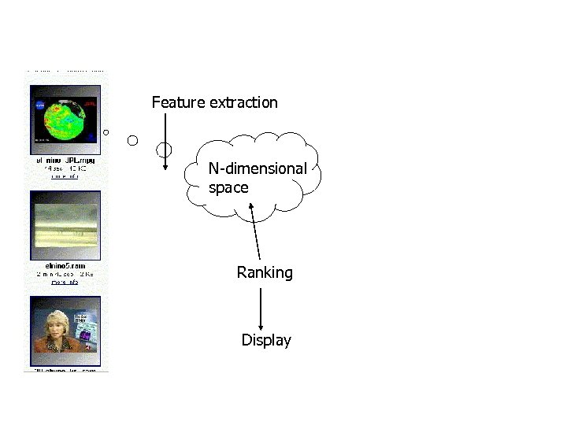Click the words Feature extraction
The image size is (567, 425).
pos(214,102)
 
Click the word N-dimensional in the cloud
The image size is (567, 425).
pos(258,168)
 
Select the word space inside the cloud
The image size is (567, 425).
pos(228,188)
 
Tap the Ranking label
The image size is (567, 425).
pos(265,273)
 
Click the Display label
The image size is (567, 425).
pos(266,341)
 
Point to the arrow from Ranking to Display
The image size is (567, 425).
pos(261,309)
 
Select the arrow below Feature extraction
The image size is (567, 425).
pos(165,142)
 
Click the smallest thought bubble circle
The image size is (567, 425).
pos(106,131)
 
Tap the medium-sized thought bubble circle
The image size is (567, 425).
pos(132,140)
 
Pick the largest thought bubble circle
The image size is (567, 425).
pos(164,149)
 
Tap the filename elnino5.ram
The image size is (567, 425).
pos(65,265)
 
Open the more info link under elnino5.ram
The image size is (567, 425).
pos(65,281)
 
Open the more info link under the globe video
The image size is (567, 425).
pos(65,176)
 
